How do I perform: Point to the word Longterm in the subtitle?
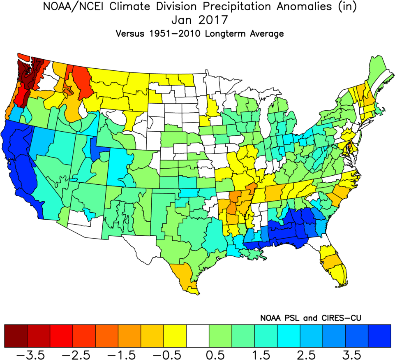[228, 34]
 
